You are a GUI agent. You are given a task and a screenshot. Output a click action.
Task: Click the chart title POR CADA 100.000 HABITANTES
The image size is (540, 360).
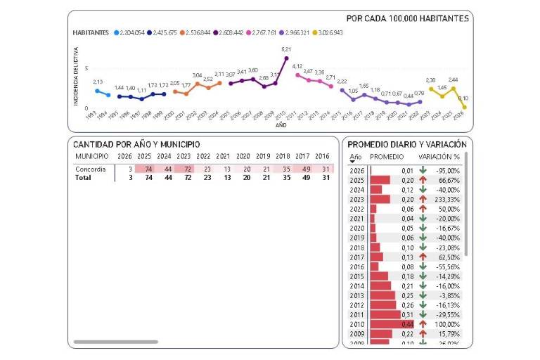click(x=408, y=18)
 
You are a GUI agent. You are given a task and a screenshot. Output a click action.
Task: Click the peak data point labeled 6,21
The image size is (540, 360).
click(x=286, y=58)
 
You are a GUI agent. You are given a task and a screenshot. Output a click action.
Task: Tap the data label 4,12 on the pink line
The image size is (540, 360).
click(x=297, y=66)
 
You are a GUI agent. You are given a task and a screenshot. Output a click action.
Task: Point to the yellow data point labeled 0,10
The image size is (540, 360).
click(x=464, y=107)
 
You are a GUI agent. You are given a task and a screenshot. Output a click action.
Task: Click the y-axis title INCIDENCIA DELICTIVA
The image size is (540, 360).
click(x=76, y=77)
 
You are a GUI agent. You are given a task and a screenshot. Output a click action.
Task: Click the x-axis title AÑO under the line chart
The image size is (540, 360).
click(x=281, y=125)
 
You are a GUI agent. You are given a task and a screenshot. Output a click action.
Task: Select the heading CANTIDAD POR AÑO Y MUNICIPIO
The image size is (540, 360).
click(x=136, y=144)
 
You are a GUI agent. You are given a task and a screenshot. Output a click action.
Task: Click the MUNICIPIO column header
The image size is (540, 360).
click(x=91, y=156)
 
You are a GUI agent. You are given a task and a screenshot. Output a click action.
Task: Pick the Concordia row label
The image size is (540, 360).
click(x=91, y=169)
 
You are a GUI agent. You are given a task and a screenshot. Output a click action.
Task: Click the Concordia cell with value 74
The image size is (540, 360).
click(x=145, y=169)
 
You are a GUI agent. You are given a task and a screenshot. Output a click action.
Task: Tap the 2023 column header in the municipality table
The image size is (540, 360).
click(x=184, y=156)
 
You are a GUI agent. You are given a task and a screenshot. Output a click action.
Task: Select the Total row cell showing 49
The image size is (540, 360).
click(x=302, y=179)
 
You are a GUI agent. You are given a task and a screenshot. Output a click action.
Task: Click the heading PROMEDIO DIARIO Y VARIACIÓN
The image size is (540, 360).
click(x=407, y=144)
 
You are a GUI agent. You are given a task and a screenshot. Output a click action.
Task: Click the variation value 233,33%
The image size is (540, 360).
click(x=447, y=199)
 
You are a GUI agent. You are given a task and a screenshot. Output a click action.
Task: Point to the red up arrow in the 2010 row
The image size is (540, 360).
click(x=423, y=324)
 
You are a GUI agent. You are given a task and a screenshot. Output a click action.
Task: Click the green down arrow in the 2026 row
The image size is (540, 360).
click(x=423, y=170)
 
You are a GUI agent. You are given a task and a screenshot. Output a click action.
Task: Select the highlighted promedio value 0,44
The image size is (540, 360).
click(x=407, y=324)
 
